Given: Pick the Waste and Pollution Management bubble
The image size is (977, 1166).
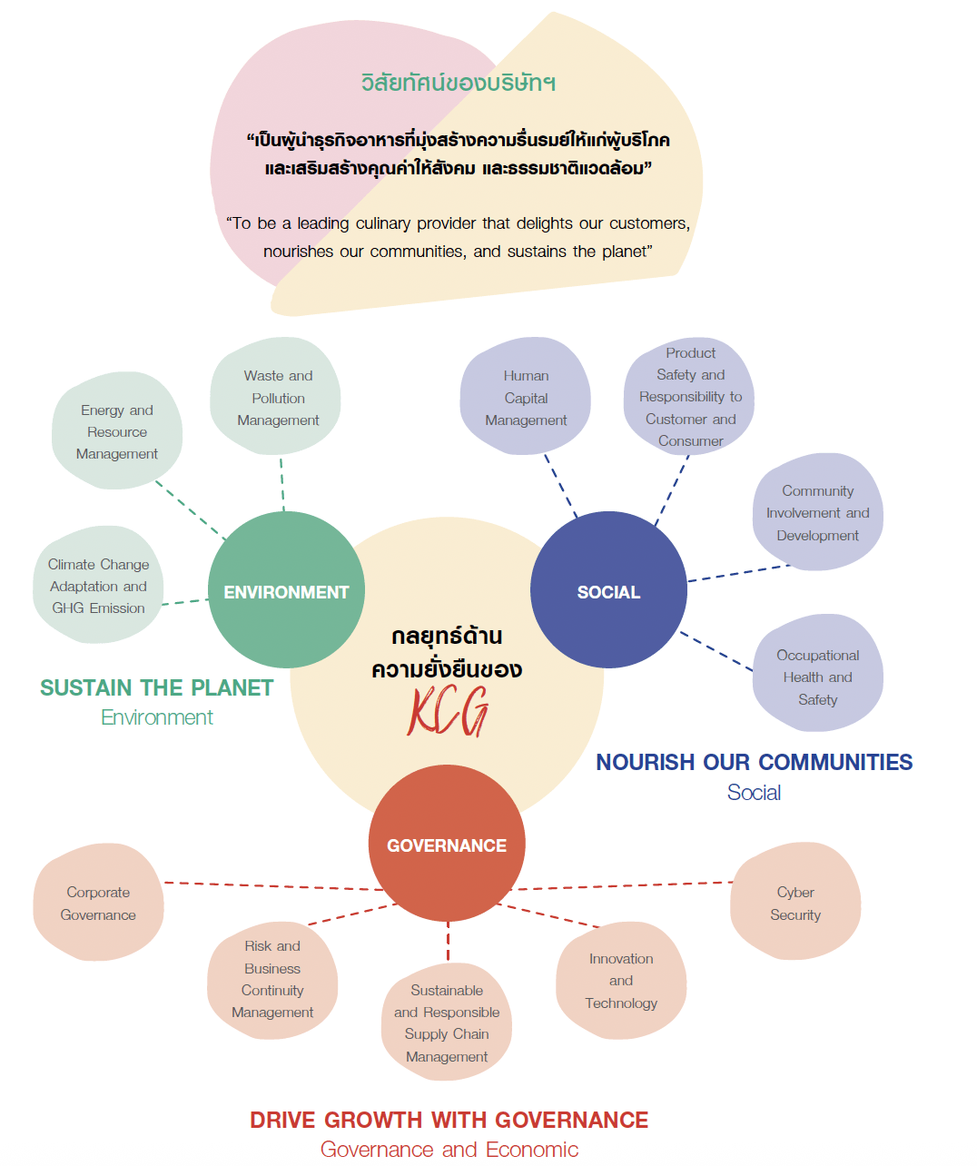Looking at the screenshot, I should tap(277, 398).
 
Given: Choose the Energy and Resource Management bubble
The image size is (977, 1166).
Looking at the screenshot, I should tap(117, 431).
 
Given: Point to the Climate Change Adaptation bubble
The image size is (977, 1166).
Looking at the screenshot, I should tap(98, 586).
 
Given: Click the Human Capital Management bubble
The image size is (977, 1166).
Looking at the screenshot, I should tap(526, 398).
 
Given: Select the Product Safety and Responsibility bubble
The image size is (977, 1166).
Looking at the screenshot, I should tap(690, 397).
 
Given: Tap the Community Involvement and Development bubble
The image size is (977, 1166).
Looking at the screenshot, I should tap(817, 513).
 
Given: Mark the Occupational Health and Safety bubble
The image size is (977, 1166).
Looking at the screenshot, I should tap(817, 677).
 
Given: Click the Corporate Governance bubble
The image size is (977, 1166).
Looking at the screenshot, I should tap(98, 903).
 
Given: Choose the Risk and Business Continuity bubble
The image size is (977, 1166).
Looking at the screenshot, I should tap(272, 979).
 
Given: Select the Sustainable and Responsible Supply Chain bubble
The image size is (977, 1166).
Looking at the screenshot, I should tap(447, 1023).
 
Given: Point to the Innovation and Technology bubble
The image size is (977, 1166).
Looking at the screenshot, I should tap(621, 981).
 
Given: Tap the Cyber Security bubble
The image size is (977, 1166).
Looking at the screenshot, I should tap(795, 903).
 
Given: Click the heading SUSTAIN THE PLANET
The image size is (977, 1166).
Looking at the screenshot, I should tap(156, 687).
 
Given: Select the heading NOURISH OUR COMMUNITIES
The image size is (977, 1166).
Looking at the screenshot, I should tap(754, 762).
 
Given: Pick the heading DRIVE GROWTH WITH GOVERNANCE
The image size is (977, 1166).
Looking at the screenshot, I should tap(449, 1120).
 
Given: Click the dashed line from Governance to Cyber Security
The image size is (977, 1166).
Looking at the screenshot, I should tap(627, 885).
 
